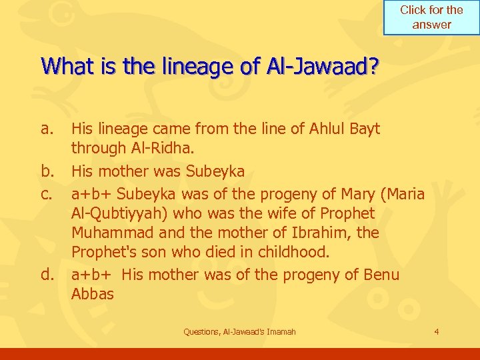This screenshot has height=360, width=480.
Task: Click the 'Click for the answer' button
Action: [431, 17]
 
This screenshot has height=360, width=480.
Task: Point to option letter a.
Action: [47, 128]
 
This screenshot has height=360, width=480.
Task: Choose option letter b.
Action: [47, 171]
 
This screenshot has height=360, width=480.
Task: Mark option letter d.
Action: [47, 275]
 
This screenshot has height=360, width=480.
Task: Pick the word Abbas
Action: [93, 295]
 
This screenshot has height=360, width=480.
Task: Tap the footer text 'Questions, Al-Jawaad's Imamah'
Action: [239, 331]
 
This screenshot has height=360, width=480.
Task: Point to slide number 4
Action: [436, 331]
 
